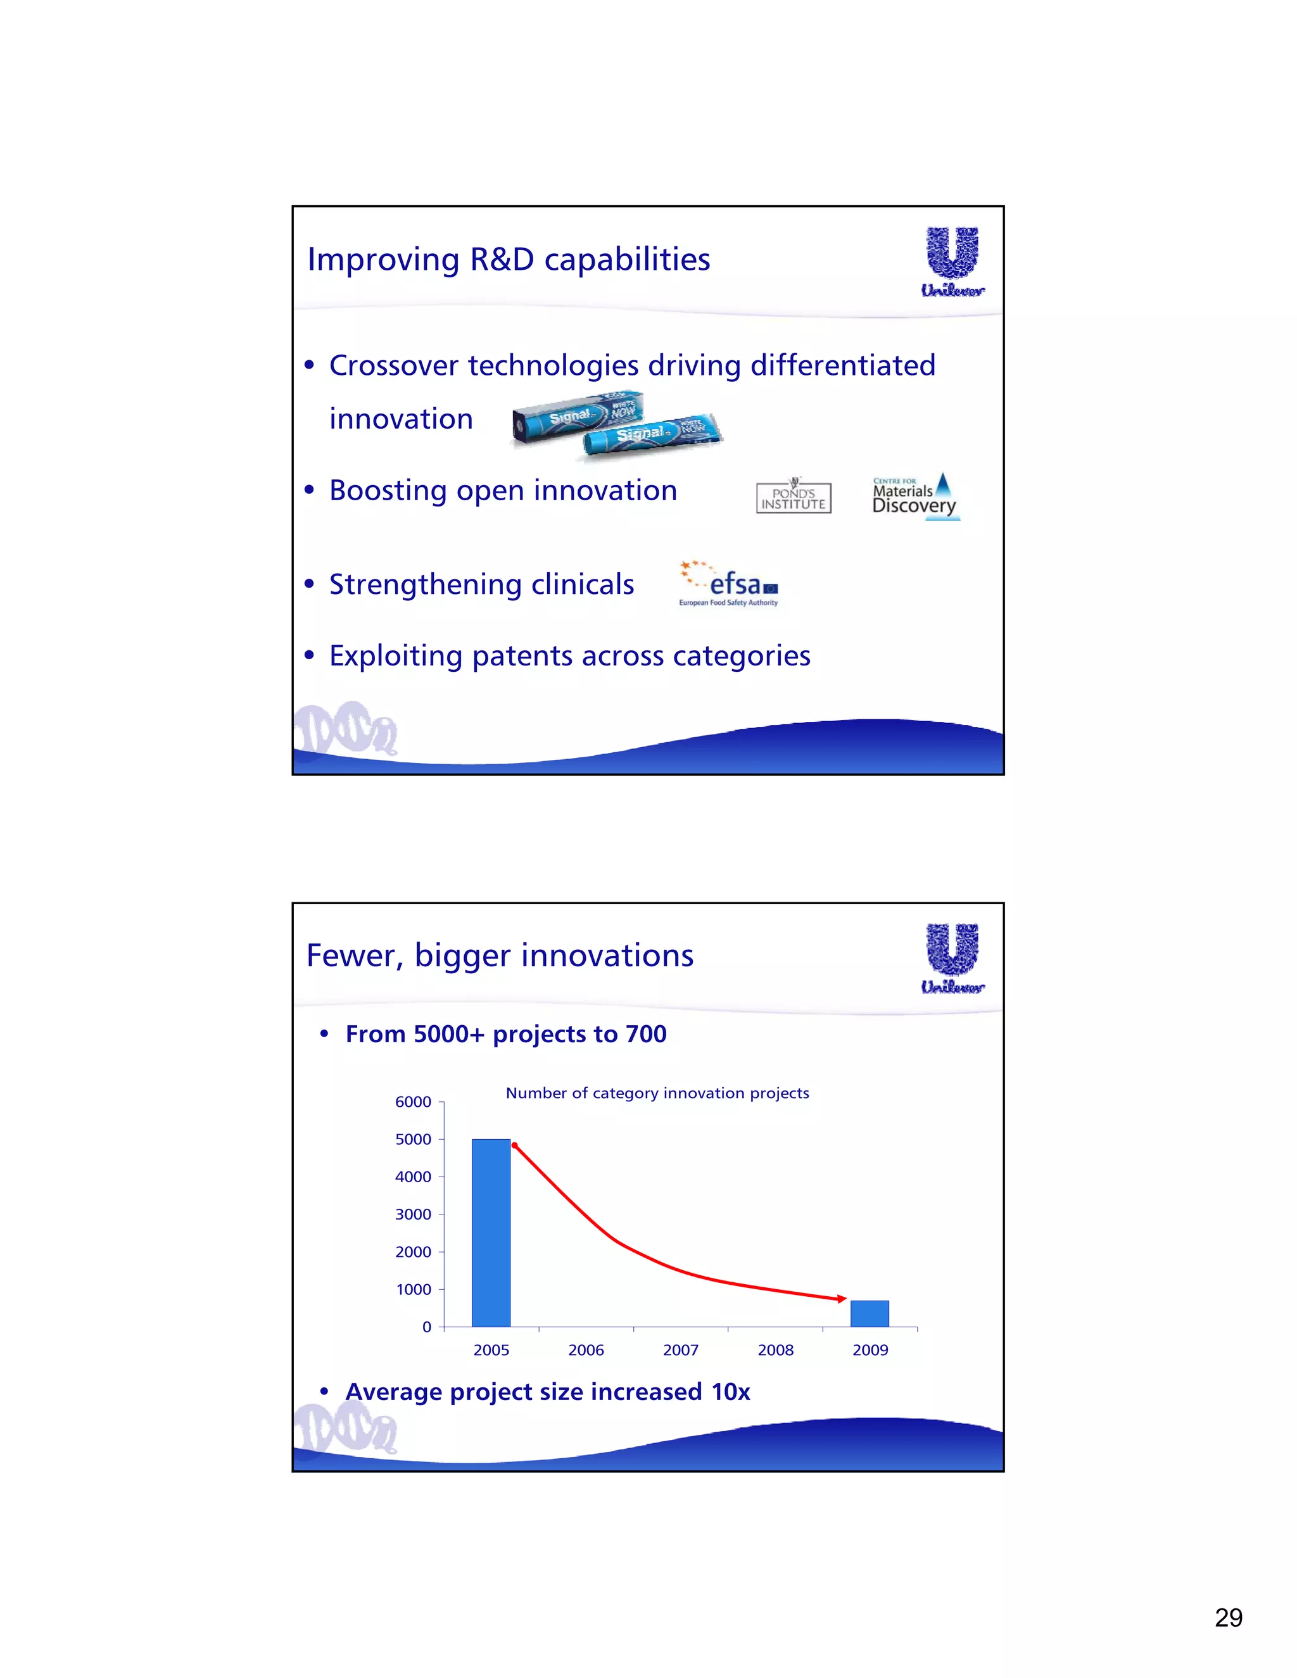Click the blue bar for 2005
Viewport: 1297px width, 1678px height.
click(491, 1232)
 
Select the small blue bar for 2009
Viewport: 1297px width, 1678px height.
click(869, 1314)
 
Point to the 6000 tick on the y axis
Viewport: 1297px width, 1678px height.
click(414, 1102)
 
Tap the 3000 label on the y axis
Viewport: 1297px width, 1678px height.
click(414, 1214)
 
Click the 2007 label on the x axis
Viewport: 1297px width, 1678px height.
click(681, 1350)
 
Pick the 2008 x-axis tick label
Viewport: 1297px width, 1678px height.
click(775, 1350)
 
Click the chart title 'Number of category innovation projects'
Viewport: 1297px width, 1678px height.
click(657, 1092)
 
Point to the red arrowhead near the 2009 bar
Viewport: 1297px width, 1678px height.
click(842, 1299)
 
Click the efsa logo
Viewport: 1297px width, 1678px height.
click(728, 584)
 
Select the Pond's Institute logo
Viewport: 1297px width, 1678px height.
click(794, 497)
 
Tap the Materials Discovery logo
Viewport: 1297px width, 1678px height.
click(915, 496)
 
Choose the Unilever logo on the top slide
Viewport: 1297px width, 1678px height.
click(952, 262)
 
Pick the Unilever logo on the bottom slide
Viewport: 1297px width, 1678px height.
click(952, 958)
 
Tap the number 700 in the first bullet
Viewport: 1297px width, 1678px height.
click(645, 1034)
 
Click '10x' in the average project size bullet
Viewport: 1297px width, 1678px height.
click(730, 1391)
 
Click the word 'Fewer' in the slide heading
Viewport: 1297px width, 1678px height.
click(353, 956)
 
